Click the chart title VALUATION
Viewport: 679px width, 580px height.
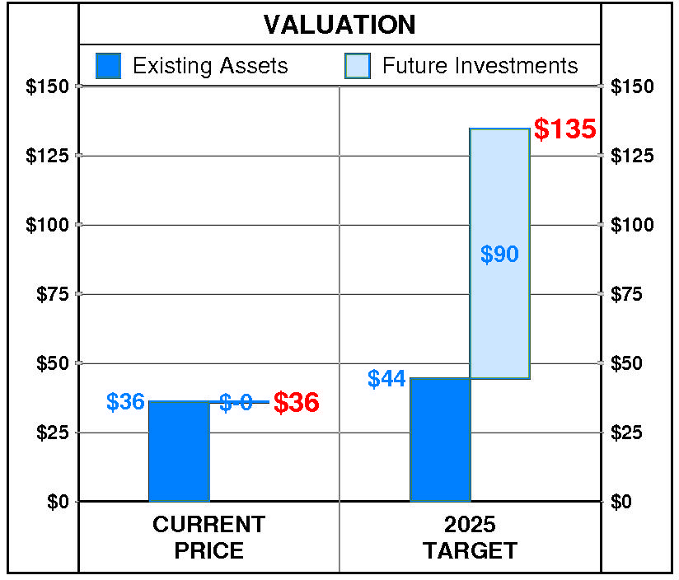339,25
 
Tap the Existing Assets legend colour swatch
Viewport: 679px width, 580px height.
109,66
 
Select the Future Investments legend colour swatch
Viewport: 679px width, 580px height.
358,66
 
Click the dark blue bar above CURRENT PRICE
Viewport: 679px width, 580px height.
179,451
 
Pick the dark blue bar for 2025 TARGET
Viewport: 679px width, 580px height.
439,440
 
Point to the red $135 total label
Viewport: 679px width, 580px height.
564,129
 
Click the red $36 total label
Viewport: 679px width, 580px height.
296,403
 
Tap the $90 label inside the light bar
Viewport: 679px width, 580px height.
499,255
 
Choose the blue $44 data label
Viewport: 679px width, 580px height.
386,379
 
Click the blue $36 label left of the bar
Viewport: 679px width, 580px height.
125,402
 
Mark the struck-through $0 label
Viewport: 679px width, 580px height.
236,402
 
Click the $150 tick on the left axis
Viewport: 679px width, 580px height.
47,87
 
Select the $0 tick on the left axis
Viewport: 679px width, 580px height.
57,502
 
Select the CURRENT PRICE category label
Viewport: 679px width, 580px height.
208,537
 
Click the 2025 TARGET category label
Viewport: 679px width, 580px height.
470,537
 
